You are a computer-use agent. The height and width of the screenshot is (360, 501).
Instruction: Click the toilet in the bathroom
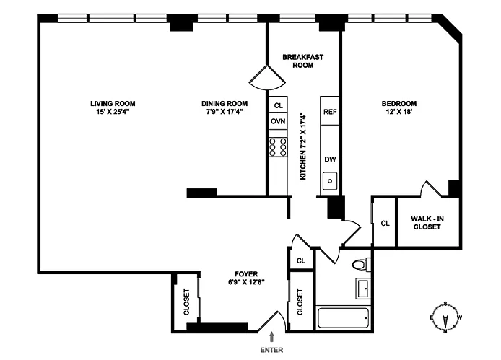tap(361, 264)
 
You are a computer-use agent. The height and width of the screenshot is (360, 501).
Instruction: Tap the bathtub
tap(343, 318)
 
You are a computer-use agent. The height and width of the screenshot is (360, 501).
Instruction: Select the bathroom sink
tap(363, 289)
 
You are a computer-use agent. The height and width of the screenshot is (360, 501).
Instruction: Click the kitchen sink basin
tap(330, 181)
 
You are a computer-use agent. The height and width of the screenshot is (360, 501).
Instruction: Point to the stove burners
tap(278, 147)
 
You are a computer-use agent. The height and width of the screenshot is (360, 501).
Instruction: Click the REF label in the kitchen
tap(330, 112)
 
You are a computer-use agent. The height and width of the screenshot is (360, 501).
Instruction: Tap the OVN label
tap(278, 121)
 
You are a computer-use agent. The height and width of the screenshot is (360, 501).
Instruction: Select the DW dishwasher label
tap(330, 159)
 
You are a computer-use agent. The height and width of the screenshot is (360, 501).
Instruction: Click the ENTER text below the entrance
tap(271, 350)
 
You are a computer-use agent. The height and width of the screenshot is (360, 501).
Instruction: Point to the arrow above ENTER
tap(271, 337)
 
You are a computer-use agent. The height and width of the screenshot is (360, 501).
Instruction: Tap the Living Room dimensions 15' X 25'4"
tap(113, 112)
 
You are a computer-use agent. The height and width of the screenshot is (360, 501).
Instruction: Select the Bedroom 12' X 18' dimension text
tap(398, 112)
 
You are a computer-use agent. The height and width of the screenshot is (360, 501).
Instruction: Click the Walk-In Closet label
tap(427, 223)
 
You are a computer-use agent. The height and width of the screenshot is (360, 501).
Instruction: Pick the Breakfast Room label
tap(303, 61)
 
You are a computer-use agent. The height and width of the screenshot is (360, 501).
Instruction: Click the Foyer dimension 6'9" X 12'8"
tap(246, 282)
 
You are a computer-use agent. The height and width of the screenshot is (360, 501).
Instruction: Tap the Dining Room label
tap(225, 103)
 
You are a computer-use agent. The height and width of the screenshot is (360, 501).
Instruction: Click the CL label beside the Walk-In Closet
tap(385, 223)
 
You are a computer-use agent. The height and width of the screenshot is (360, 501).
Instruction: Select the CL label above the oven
tap(279, 105)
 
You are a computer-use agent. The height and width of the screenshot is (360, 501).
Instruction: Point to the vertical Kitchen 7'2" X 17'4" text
tap(303, 146)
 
